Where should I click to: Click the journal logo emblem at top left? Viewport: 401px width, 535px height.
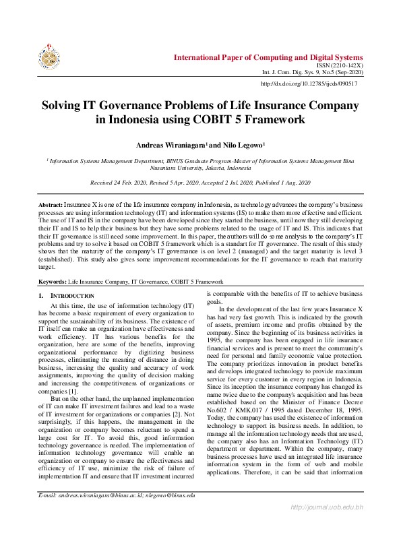(x=49, y=58)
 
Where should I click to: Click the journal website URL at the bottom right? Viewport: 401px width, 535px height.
(x=327, y=526)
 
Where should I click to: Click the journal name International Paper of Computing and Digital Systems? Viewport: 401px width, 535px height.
(x=268, y=57)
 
